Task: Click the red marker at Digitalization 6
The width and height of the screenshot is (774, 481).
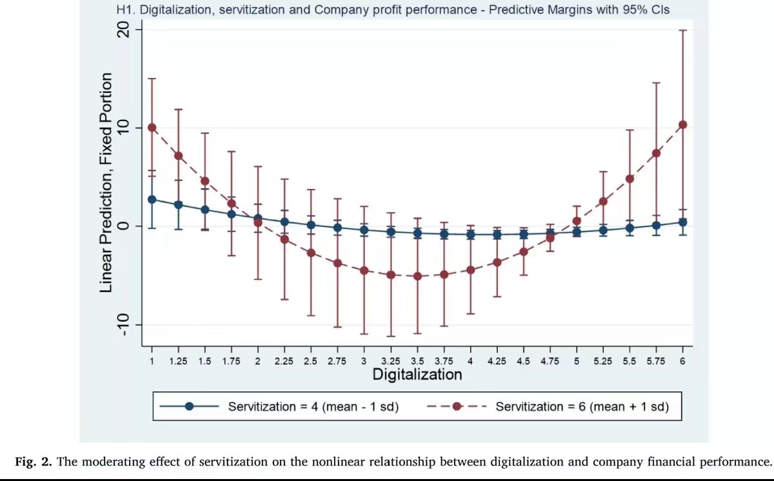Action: [x=682, y=124]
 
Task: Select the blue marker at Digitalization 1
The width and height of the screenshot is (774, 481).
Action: [x=152, y=199]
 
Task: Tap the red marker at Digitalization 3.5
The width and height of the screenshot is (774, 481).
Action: [x=417, y=276]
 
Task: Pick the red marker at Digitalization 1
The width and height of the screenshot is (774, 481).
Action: [x=152, y=127]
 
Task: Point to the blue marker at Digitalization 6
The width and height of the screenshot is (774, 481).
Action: [x=682, y=222]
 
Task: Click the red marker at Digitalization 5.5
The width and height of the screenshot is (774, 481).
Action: [x=630, y=179]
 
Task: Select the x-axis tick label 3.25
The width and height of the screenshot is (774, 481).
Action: [x=391, y=361]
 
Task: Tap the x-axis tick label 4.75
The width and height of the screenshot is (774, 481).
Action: [x=550, y=361]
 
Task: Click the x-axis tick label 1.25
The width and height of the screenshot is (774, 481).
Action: [x=179, y=361]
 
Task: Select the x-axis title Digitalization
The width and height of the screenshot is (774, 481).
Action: [x=417, y=375]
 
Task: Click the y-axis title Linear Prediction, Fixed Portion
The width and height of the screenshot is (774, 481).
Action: [x=106, y=182]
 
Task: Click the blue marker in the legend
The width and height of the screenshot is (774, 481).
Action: [x=189, y=407]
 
